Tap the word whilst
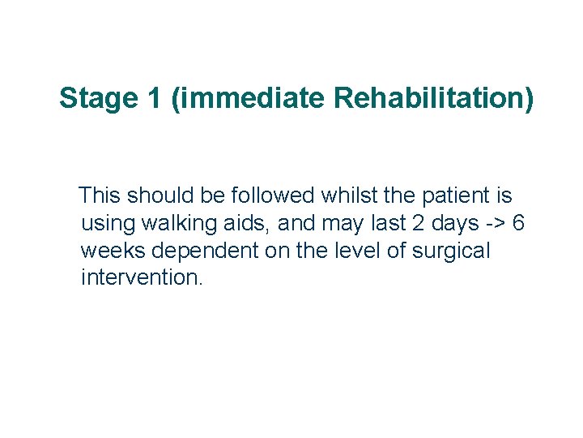tap(350, 195)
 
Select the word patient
tap(457, 195)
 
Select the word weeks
tap(107, 251)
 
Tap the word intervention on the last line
tap(142, 278)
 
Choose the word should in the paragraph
tap(168, 195)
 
